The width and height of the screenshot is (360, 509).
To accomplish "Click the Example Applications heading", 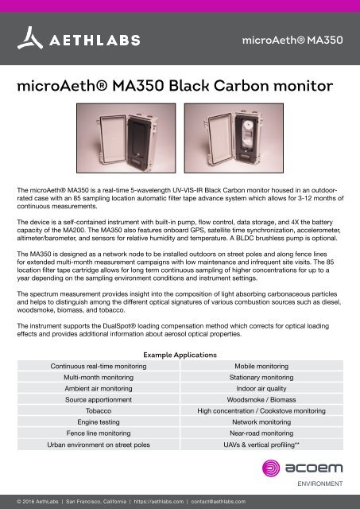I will click(180, 352).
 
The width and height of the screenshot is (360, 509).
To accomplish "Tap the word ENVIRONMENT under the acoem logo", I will click(319, 483).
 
